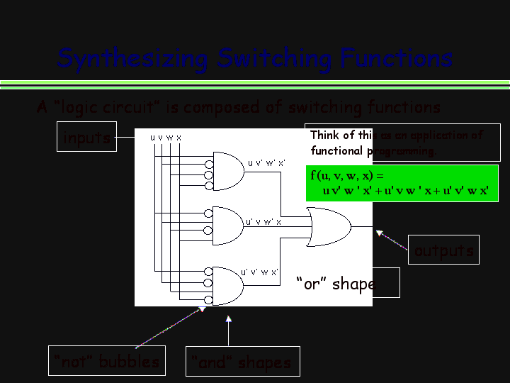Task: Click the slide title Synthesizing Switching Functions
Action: [254, 57]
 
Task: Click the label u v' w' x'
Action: [266, 162]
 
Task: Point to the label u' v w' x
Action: [263, 221]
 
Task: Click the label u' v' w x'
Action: [259, 272]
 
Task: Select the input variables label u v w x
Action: [165, 137]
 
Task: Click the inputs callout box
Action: [86, 138]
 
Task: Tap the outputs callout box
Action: [443, 250]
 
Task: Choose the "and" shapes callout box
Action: [242, 362]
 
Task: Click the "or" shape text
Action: [335, 284]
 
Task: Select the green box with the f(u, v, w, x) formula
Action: [402, 183]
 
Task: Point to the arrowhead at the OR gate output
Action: [380, 232]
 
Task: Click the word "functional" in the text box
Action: [336, 151]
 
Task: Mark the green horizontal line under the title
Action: [255, 85]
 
